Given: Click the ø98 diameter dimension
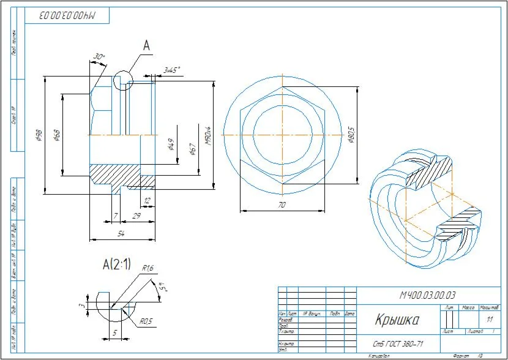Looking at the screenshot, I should pos(38,134).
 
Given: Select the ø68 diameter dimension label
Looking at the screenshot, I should pos(56,134).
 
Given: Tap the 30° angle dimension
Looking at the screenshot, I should pos(99,56).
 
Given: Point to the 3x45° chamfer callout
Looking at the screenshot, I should pos(171,70).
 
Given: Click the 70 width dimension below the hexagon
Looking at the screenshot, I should pos(282,205).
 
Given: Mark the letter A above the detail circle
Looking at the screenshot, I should pos(146,45).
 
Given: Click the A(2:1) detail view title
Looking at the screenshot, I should pos(116,264).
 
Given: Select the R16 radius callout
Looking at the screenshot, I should pos(148,268).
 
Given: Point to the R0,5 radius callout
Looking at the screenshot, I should pos(146,320).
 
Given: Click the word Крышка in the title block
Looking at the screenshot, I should pos(397,320).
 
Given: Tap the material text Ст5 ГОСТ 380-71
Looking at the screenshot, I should pos(398,343).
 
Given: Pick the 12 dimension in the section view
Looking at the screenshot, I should pos(147,200).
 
